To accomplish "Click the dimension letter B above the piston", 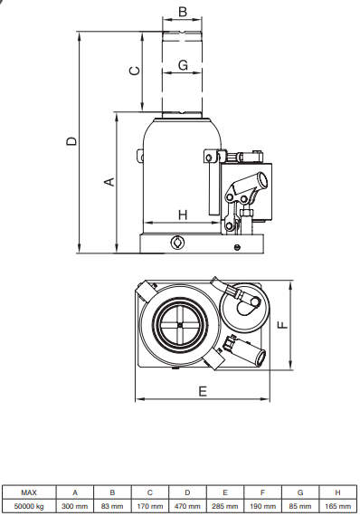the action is click(183, 12).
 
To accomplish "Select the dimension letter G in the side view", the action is click(183, 64).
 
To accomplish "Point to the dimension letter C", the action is click(135, 71).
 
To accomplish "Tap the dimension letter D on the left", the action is click(71, 141).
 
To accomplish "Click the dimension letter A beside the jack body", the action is click(109, 182).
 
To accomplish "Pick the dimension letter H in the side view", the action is click(183, 215).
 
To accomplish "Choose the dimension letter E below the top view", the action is click(203, 391).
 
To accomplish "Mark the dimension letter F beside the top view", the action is click(282, 325).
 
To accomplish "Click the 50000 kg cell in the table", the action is click(29, 506).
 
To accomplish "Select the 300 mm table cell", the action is click(75, 506).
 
